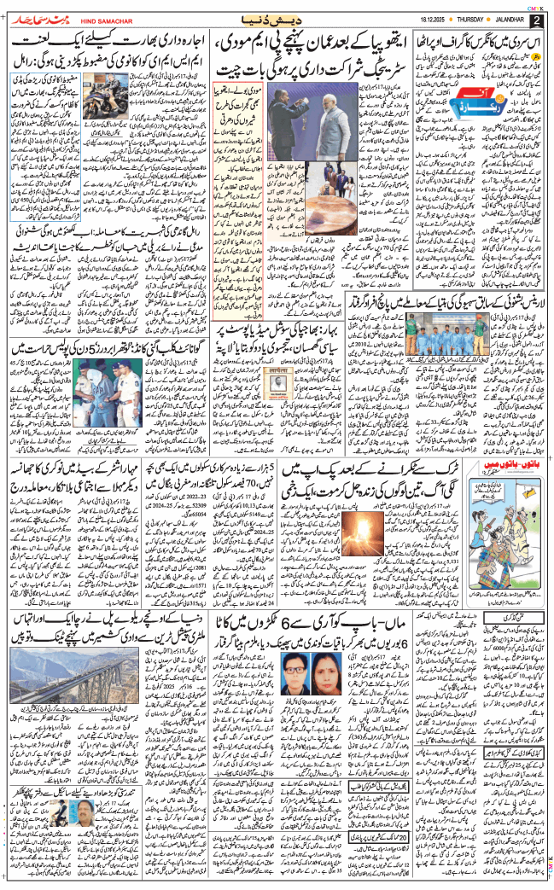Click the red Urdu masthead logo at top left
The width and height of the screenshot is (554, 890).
click(x=44, y=17)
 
